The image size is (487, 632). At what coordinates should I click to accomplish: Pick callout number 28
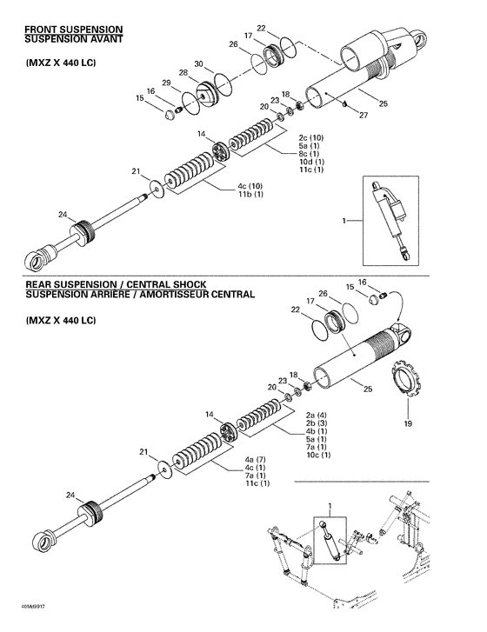coord(183,72)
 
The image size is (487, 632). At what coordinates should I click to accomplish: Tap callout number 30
coord(198,63)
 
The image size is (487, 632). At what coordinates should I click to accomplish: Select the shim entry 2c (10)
coord(310,137)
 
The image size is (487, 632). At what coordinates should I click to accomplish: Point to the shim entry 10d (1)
coord(311,162)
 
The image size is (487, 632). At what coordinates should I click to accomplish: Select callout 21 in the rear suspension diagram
coord(143,452)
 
